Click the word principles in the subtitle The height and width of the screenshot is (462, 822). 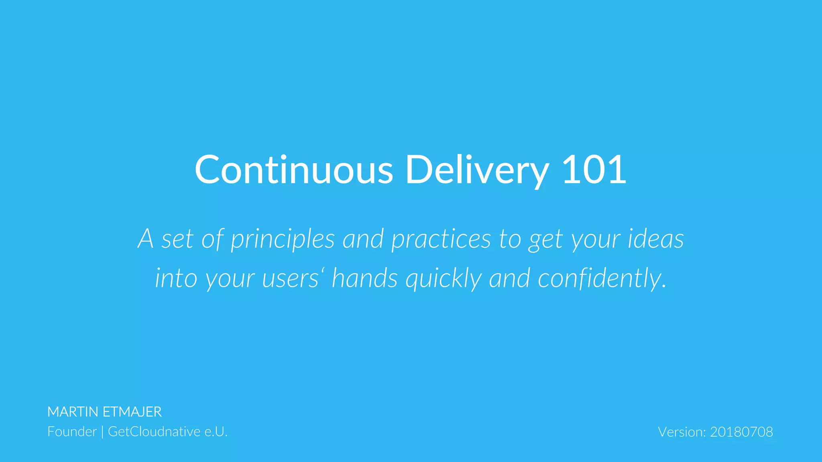point(283,239)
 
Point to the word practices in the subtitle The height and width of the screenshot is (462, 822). point(441,239)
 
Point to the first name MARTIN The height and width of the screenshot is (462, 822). point(73,412)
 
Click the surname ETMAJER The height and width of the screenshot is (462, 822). point(132,412)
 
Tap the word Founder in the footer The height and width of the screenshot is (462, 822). point(72,432)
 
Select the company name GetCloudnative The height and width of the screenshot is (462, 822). point(154,432)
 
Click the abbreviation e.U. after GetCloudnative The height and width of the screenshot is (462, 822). point(216,432)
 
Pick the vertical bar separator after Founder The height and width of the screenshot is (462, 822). point(102,432)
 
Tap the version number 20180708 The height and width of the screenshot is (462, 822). point(741,432)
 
